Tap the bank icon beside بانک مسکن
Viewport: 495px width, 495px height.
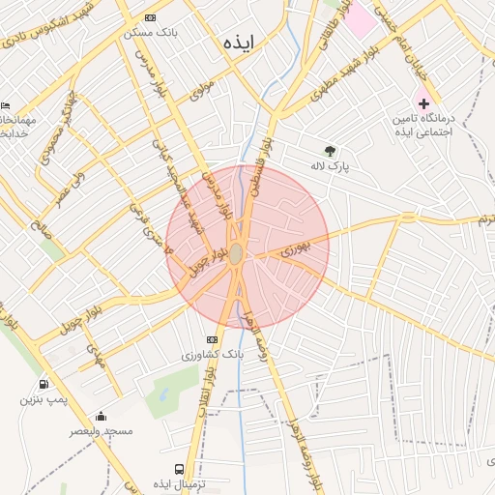click(149, 17)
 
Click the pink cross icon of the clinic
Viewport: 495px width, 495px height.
click(423, 102)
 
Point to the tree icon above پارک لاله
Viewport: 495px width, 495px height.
click(330, 151)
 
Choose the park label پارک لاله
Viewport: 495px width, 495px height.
click(329, 166)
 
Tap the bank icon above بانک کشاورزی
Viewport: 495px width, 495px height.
click(212, 338)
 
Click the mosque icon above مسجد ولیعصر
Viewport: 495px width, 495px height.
click(101, 417)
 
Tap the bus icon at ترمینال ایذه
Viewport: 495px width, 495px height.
click(153, 469)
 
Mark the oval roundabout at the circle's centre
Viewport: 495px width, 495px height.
click(236, 253)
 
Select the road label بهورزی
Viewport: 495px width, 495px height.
click(294, 249)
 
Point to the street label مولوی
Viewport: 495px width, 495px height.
click(201, 91)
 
